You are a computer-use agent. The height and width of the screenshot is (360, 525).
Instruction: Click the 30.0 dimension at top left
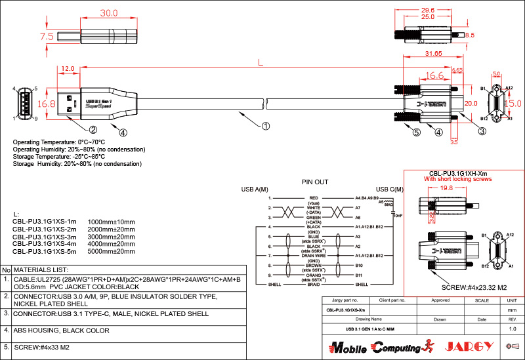[x=108, y=13]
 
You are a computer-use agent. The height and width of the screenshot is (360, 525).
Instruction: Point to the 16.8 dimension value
[x=47, y=104]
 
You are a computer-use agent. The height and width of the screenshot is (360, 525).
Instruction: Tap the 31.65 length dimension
[x=433, y=53]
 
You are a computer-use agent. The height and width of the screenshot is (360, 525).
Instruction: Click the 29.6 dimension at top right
[x=428, y=10]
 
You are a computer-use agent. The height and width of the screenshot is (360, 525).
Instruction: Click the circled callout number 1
[x=266, y=125]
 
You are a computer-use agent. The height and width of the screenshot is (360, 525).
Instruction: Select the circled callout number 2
[x=93, y=130]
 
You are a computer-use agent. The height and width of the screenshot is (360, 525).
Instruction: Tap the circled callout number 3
[x=482, y=131]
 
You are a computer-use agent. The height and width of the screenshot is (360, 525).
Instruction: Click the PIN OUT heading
[x=315, y=182]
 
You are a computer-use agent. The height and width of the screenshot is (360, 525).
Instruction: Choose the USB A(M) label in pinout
[x=255, y=190]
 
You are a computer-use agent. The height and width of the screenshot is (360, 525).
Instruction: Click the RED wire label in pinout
[x=314, y=197]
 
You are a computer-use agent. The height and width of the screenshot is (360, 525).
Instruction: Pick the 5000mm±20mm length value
[x=111, y=251]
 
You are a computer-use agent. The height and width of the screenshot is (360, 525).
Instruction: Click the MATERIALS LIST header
[x=41, y=270]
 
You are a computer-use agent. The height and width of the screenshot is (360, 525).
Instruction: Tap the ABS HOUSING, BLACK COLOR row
[x=62, y=330]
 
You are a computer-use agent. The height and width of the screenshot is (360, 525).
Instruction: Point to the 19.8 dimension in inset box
[x=446, y=188]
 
